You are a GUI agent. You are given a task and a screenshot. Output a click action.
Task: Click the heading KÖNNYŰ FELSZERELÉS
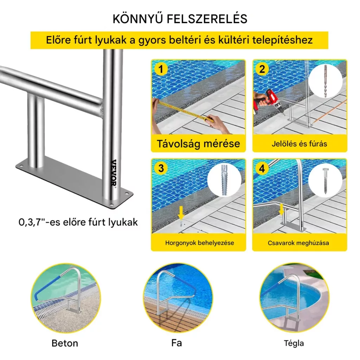click(180, 19)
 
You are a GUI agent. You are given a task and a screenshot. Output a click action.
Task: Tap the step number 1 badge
click(161, 69)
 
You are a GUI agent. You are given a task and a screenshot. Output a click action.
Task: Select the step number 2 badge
click(262, 69)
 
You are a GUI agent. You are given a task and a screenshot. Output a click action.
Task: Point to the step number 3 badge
click(161, 168)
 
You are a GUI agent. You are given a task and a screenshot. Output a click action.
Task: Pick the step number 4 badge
click(262, 169)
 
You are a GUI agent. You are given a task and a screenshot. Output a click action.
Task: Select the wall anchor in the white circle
click(224, 180)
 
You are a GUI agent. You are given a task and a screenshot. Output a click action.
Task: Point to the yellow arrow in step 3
click(181, 213)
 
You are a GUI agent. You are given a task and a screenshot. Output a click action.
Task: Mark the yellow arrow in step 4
click(281, 210)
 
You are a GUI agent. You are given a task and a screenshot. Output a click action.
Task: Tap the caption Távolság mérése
click(198, 144)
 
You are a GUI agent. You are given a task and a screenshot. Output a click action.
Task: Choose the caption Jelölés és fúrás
click(300, 144)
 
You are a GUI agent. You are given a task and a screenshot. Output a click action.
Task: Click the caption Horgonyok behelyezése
click(200, 243)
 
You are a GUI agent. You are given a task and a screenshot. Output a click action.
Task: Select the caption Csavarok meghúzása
click(298, 243)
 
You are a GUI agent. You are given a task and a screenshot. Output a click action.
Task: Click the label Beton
click(65, 343)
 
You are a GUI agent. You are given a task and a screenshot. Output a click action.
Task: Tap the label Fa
click(176, 343)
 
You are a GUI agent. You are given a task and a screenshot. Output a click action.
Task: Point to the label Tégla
click(294, 343)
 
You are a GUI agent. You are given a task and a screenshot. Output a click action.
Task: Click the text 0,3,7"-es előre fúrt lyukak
click(78, 222)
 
